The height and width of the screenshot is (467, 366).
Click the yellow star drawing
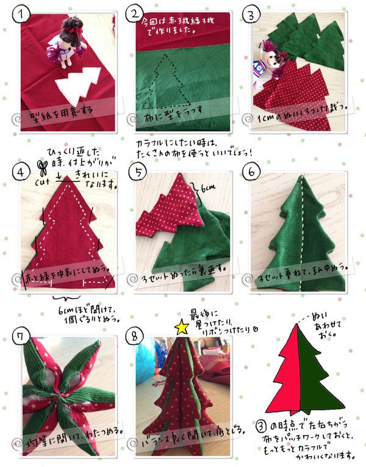coord(181,328)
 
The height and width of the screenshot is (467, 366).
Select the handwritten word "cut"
coord(44,181)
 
